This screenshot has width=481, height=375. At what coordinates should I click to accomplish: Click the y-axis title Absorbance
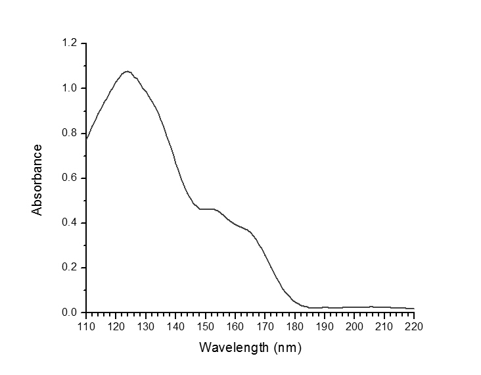click(x=37, y=180)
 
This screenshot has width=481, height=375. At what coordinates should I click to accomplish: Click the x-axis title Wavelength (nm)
click(x=250, y=346)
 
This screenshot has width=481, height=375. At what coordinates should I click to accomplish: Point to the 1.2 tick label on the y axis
click(x=69, y=43)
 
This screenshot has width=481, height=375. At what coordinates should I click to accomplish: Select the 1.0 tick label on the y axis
click(x=69, y=88)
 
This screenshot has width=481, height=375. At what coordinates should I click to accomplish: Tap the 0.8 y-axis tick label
click(x=69, y=133)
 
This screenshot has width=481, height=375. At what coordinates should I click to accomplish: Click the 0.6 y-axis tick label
click(x=69, y=178)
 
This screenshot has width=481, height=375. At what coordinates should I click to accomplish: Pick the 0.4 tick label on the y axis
click(x=69, y=222)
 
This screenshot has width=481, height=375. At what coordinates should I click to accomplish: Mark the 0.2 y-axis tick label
click(x=69, y=267)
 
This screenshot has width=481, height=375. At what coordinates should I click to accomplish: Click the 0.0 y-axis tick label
click(x=69, y=312)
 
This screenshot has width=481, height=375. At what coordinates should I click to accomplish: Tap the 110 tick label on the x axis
click(x=86, y=326)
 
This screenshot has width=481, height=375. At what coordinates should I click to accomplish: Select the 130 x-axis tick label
click(x=146, y=326)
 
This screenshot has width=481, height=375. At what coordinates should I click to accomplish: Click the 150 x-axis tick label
click(x=206, y=326)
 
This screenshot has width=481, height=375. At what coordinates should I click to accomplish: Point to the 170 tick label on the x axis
click(x=265, y=326)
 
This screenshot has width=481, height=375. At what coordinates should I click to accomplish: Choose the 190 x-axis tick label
click(x=325, y=326)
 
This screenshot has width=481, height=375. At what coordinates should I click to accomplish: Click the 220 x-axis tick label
click(x=414, y=326)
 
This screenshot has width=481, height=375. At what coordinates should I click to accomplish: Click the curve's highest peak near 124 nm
click(x=127, y=71)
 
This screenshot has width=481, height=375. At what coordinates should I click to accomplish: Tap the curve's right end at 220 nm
click(x=414, y=309)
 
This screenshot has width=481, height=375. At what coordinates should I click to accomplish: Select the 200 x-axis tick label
click(x=354, y=326)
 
